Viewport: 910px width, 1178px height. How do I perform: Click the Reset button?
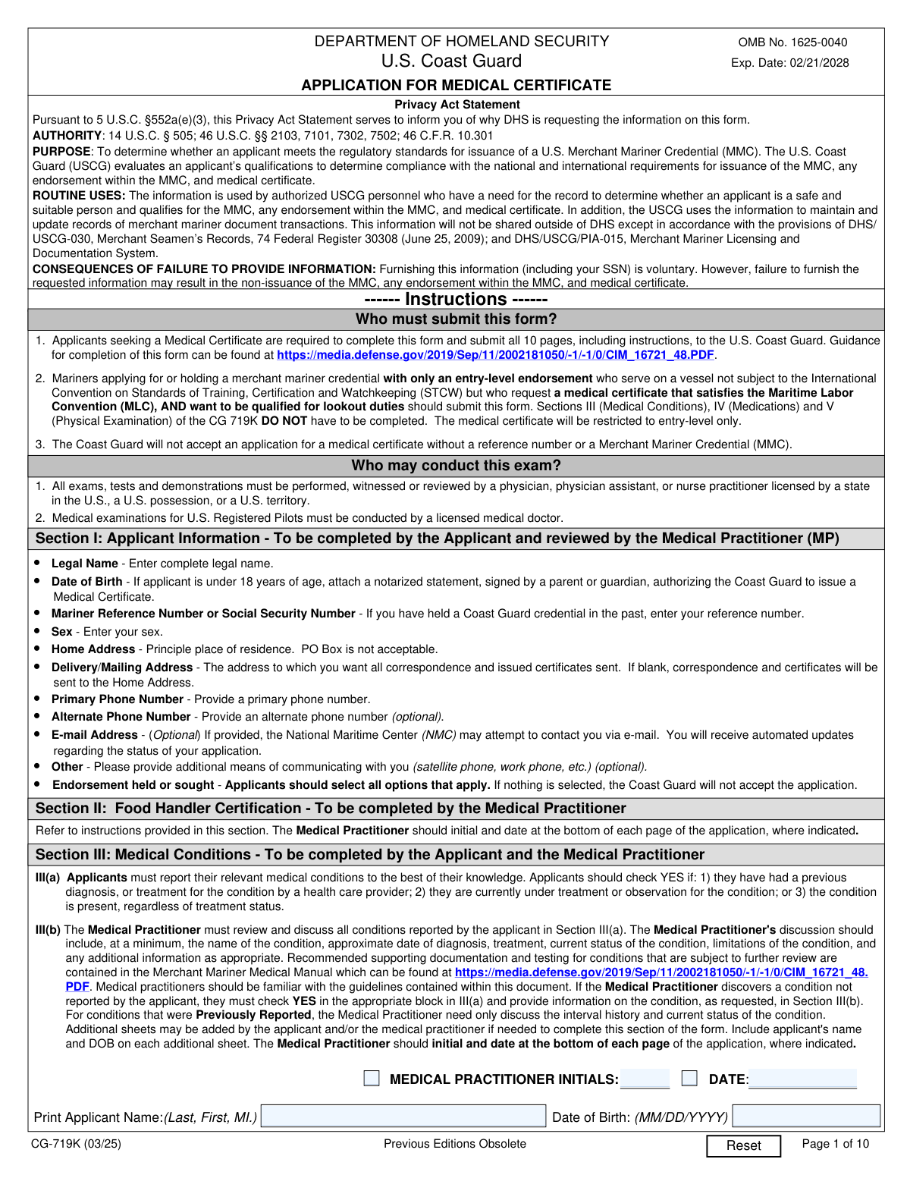pyautogui.click(x=743, y=1145)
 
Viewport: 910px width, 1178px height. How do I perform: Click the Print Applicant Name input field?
pyautogui.click(x=403, y=1116)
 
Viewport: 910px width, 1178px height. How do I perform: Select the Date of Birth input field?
pyautogui.click(x=806, y=1116)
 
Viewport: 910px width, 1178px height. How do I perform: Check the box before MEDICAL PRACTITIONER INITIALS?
pyautogui.click(x=372, y=1078)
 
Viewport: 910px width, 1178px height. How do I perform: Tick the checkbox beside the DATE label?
pyautogui.click(x=689, y=1078)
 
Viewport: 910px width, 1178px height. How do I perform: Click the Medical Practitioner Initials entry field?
pyautogui.click(x=645, y=1079)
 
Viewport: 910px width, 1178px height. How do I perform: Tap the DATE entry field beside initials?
pyautogui.click(x=802, y=1079)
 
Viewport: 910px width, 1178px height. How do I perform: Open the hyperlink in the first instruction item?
pyautogui.click(x=495, y=355)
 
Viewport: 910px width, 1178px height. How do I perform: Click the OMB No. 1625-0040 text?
pyautogui.click(x=792, y=42)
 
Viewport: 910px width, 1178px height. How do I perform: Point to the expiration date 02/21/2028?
pyautogui.click(x=819, y=63)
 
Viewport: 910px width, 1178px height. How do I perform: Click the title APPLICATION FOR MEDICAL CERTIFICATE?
pyautogui.click(x=456, y=85)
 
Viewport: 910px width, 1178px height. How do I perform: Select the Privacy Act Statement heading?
pyautogui.click(x=457, y=105)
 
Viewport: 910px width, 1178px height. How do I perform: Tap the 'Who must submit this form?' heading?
pyautogui.click(x=456, y=319)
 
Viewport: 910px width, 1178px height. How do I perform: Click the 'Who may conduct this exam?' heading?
pyautogui.click(x=456, y=465)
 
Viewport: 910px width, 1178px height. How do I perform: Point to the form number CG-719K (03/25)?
pyautogui.click(x=76, y=1144)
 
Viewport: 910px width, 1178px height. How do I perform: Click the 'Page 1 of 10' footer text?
pyautogui.click(x=835, y=1144)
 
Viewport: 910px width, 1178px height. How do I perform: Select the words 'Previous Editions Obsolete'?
pyautogui.click(x=454, y=1144)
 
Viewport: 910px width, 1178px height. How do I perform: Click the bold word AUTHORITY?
pyautogui.click(x=67, y=136)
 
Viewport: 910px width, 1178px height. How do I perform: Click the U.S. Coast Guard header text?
pyautogui.click(x=451, y=61)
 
